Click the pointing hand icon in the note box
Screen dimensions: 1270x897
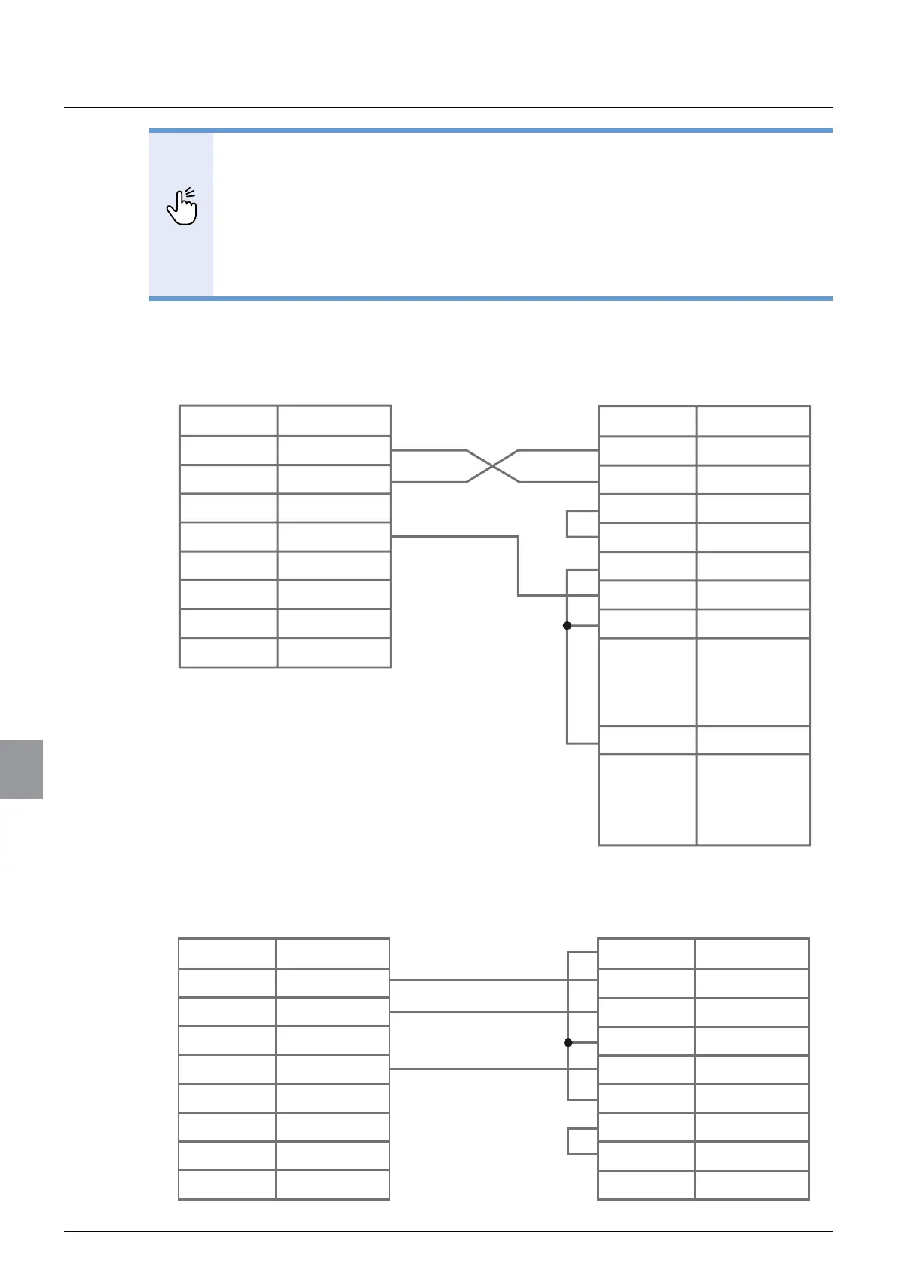[182, 207]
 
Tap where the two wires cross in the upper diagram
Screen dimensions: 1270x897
[492, 466]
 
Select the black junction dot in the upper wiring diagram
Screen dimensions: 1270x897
[567, 625]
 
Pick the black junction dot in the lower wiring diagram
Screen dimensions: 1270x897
[568, 1042]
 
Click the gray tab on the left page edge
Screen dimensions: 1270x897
[21, 769]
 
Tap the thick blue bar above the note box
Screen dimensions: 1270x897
[491, 130]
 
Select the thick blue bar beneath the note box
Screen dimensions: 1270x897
[491, 299]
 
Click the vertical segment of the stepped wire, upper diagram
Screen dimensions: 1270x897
[518, 566]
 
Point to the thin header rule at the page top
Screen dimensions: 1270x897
[448, 107]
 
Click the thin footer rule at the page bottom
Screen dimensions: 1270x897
[448, 1232]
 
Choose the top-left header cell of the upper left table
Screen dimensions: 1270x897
[228, 421]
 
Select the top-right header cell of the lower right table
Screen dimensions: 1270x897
[752, 953]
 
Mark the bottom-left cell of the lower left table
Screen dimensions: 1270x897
[227, 1184]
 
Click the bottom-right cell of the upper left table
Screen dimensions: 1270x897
[334, 652]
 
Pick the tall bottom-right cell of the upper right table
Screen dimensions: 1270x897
[753, 799]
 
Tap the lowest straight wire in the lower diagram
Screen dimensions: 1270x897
[478, 1069]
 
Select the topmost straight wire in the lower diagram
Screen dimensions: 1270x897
[478, 980]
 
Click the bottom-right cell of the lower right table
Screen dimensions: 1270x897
[752, 1184]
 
